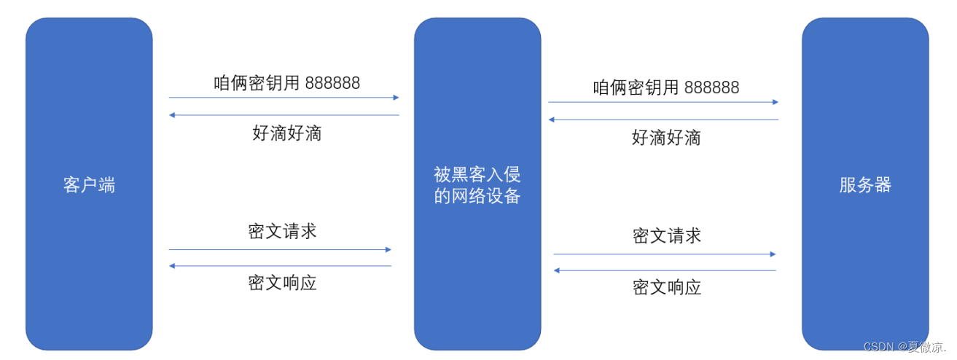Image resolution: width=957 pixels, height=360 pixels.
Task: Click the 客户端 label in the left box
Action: [89, 185]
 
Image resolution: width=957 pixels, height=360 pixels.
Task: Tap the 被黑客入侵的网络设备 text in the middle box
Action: [477, 185]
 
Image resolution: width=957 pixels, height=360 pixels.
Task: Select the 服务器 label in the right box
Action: [865, 185]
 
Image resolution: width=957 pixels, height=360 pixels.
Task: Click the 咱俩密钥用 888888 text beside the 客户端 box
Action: [286, 82]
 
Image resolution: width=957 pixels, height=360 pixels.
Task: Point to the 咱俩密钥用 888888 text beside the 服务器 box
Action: [666, 87]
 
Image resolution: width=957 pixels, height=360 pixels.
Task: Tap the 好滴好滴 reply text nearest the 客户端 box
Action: [286, 133]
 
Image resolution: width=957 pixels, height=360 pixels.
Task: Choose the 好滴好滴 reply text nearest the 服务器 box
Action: [666, 137]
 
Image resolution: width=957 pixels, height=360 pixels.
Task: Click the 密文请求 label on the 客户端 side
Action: [282, 231]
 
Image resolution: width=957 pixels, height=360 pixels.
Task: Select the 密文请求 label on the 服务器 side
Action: [666, 235]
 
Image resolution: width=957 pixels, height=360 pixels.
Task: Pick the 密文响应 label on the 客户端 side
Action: [282, 283]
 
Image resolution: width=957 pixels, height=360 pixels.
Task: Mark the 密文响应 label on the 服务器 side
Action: [666, 287]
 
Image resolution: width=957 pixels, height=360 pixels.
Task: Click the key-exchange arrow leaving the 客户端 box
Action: [284, 97]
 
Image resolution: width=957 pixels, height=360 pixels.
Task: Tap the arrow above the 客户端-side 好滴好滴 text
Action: [284, 115]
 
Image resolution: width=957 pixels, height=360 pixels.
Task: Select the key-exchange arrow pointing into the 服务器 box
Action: [663, 102]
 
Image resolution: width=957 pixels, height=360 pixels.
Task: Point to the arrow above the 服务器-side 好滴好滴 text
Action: [663, 120]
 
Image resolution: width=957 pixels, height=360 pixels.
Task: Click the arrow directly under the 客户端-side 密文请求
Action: [281, 249]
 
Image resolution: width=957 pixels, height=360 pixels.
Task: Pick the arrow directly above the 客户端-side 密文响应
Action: [281, 266]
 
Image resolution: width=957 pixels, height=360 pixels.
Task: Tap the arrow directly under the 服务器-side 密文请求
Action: [665, 254]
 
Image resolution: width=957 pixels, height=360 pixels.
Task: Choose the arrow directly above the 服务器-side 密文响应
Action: [665, 270]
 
